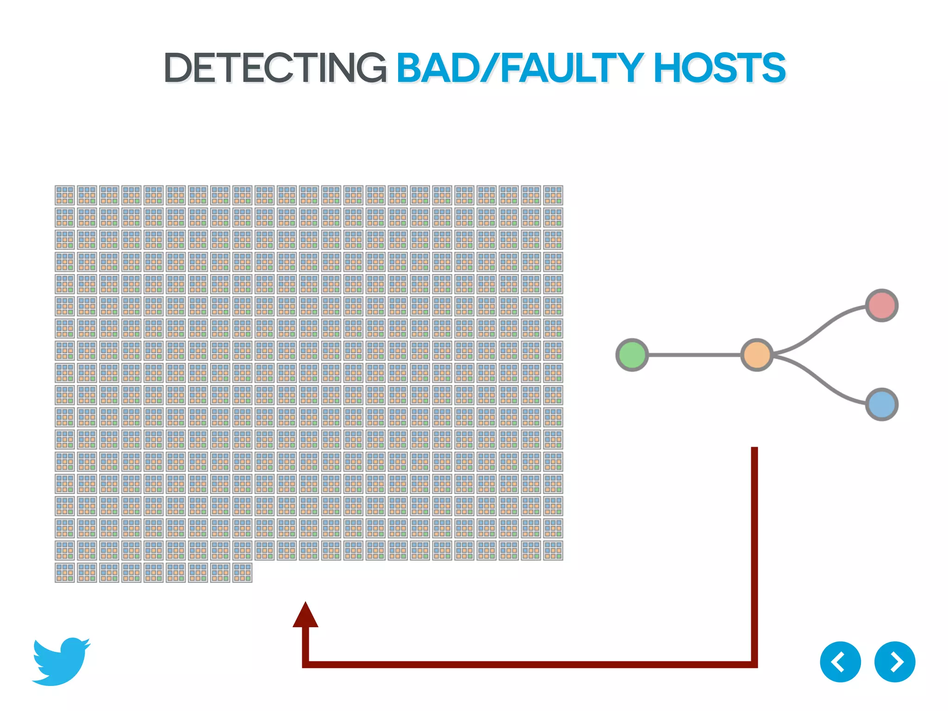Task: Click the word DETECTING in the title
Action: (x=275, y=68)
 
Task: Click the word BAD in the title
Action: (x=437, y=68)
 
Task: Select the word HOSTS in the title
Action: (x=719, y=68)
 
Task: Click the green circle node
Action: (x=632, y=355)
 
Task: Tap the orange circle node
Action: (x=757, y=355)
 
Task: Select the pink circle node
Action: (x=882, y=306)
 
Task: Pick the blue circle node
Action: (x=882, y=405)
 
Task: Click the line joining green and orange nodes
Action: (x=694, y=355)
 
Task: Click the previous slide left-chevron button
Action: (x=840, y=662)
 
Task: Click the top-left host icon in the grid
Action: (x=65, y=195)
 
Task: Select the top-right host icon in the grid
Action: (x=553, y=195)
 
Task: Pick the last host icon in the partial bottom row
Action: (x=243, y=573)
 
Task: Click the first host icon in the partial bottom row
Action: (x=65, y=573)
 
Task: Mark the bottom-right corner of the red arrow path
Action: (x=754, y=664)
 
